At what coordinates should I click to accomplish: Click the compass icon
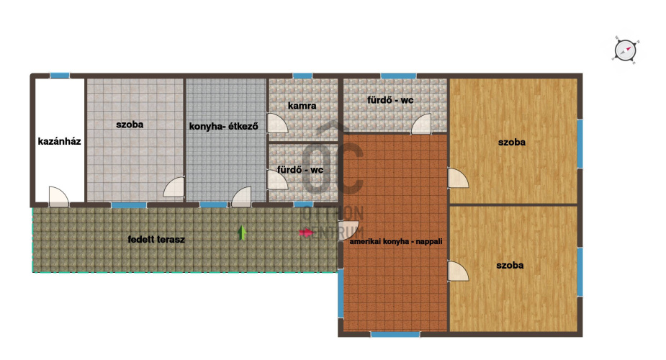(x=626, y=50)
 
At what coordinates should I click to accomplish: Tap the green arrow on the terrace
(x=242, y=233)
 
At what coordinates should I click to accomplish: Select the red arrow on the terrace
(x=306, y=233)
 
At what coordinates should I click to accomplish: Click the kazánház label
(x=59, y=141)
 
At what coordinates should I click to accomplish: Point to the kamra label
(x=302, y=105)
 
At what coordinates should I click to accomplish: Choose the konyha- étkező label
(x=223, y=126)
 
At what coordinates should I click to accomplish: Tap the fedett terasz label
(x=156, y=240)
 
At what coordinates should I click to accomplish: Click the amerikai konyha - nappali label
(x=396, y=241)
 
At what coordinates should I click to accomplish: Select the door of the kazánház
(x=58, y=197)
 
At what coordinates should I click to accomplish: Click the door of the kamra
(x=277, y=123)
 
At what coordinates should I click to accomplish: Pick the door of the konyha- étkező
(x=241, y=197)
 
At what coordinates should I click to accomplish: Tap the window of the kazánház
(x=60, y=76)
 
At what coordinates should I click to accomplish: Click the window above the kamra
(x=302, y=76)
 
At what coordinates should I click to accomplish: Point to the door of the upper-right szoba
(x=459, y=179)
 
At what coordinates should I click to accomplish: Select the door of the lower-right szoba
(x=459, y=271)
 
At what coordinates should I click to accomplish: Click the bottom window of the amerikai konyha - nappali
(x=395, y=334)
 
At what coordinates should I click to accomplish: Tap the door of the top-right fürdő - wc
(x=421, y=124)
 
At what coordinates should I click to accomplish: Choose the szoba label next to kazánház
(x=130, y=125)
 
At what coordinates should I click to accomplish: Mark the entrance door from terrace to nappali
(x=348, y=230)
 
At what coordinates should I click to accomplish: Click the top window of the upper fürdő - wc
(x=398, y=76)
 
